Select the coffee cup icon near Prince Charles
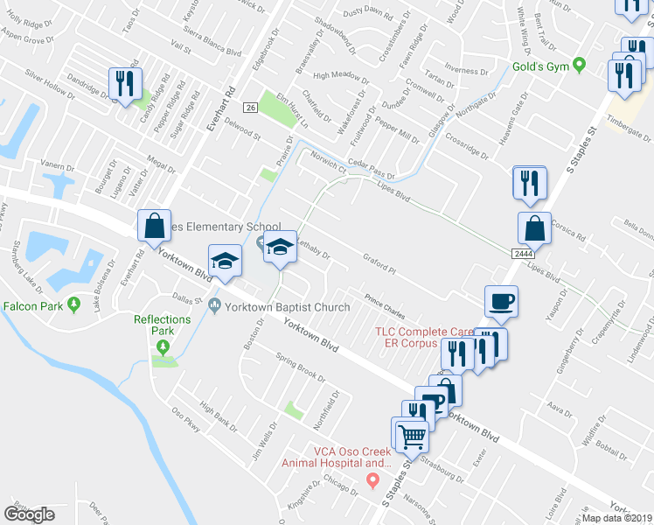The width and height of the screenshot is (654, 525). pos(502,301)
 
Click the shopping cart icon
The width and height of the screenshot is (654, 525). pos(412,435)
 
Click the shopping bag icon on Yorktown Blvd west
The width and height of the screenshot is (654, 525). pos(154,226)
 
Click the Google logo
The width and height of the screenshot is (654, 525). pos(30,514)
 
